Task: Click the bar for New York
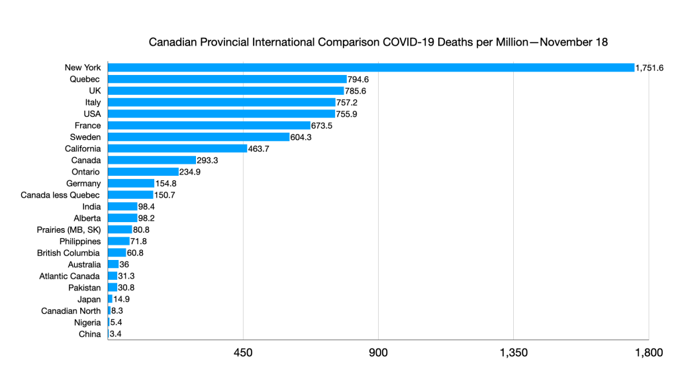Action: [x=371, y=68]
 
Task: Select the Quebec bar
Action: [x=226, y=79]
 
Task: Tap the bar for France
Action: [x=209, y=125]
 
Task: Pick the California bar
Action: [x=177, y=149]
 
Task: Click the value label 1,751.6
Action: [x=650, y=68]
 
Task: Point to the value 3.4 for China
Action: [x=115, y=334]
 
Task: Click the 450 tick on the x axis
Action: [x=243, y=353]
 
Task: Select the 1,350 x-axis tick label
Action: [x=513, y=353]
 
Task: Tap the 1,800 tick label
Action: [x=648, y=353]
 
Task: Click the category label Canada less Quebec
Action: [x=60, y=195]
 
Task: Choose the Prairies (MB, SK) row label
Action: [x=69, y=229]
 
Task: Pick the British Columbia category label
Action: [x=69, y=253]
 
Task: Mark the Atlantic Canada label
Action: [x=70, y=276]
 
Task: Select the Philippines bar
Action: [x=119, y=241]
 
